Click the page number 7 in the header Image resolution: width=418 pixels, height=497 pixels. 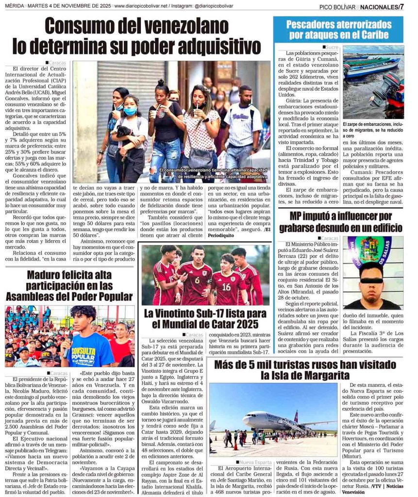[401, 6]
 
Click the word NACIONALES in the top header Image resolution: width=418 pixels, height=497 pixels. [379, 7]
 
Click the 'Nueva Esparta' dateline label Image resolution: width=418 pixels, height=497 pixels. [255, 462]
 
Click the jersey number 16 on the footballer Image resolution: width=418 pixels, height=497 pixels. [226, 286]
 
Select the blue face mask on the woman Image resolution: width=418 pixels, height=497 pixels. [130, 111]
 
